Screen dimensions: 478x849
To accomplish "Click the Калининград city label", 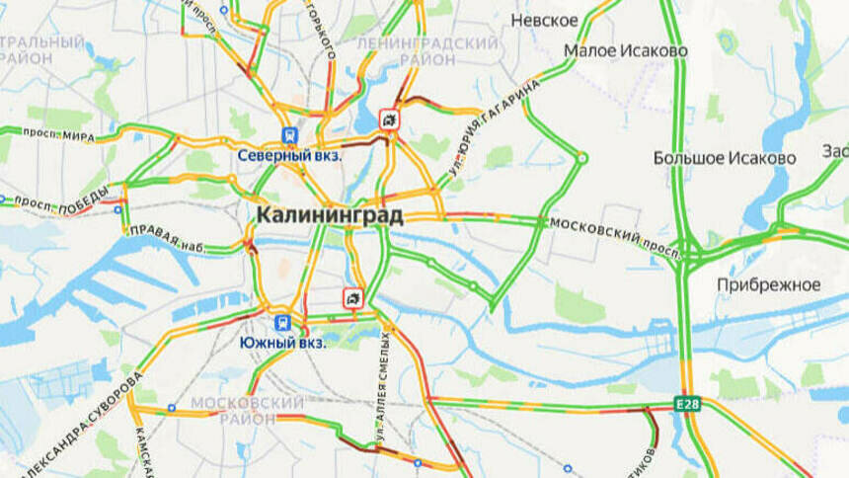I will (x=330, y=214).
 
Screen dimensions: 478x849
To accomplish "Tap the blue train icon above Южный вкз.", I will (x=282, y=321).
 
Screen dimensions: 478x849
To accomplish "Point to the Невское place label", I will (x=544, y=21).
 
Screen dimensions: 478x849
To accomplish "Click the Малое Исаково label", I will (x=626, y=50).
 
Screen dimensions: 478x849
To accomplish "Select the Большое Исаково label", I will (x=725, y=158).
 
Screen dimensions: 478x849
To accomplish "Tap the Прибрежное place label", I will (x=771, y=284).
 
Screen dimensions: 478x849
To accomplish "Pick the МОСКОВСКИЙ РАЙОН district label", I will (x=247, y=412).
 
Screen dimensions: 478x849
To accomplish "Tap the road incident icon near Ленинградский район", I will (x=391, y=119).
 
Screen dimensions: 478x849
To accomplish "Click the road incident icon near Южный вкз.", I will (x=351, y=296).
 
